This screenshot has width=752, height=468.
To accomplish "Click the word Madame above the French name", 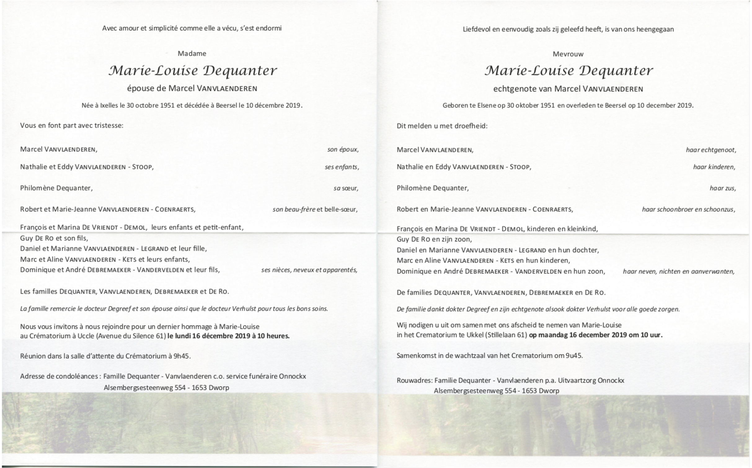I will pos(192,53).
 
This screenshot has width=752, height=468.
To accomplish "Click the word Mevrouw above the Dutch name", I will pos(568,54).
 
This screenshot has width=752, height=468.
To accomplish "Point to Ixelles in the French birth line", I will pos(109,105).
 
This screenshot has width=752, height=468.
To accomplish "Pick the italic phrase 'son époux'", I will pos(343,149).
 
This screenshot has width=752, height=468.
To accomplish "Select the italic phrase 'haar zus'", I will pos(723,188).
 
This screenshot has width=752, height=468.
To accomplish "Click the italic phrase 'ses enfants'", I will pos(342,167).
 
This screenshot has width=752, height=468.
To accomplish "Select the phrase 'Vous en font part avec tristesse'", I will pos(72,125).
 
